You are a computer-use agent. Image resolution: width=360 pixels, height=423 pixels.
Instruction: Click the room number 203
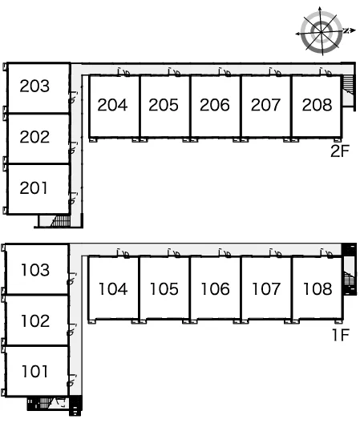34,86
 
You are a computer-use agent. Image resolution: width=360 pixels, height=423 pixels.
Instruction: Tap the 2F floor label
340,151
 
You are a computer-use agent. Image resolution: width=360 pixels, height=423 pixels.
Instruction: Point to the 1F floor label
341,335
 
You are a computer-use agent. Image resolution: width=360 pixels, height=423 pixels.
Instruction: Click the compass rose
321,31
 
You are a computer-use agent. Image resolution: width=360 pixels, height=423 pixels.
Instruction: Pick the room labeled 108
318,288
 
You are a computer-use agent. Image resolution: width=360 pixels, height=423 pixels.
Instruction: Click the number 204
112,105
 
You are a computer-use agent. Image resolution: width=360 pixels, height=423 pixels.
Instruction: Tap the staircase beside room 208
348,84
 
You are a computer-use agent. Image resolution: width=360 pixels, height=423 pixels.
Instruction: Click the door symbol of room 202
72,148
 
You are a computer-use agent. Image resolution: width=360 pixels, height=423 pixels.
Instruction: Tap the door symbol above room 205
175,72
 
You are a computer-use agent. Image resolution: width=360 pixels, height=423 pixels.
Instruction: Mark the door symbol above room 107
276,253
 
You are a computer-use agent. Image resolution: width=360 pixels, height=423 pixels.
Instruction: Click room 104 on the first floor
113,288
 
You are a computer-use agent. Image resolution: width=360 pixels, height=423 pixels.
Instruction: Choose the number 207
265,105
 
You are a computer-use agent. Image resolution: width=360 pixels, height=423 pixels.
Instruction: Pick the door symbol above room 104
123,253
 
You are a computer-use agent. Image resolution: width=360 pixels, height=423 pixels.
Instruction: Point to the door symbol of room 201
72,199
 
